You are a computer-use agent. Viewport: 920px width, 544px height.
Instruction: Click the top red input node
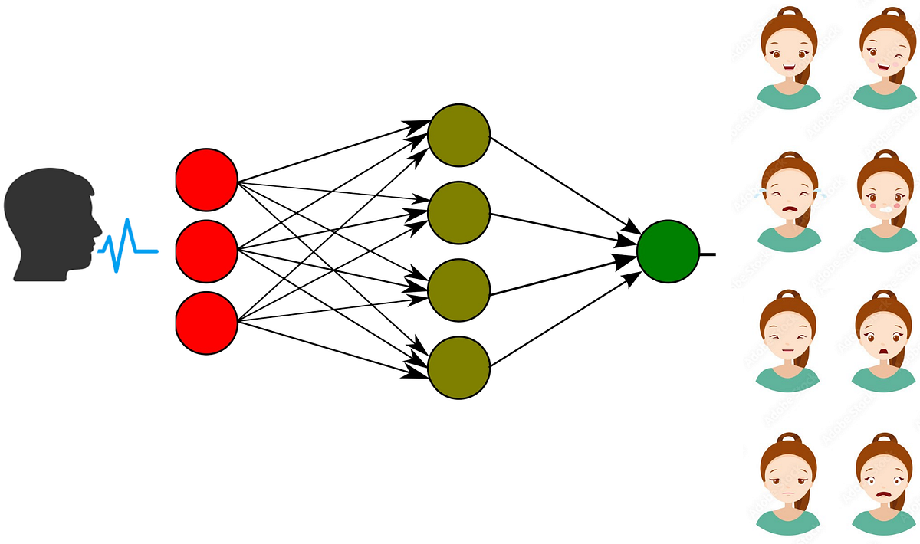coord(207,180)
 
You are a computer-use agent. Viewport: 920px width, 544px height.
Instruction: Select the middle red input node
coord(207,251)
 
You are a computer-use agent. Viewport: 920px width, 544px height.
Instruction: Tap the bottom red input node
coord(207,322)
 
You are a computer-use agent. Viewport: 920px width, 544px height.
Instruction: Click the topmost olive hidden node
coord(458,135)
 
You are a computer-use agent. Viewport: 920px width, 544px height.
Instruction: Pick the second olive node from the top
coord(458,212)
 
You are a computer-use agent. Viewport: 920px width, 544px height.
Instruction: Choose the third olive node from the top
coord(458,290)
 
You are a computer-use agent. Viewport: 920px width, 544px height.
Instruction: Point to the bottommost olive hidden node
coord(458,368)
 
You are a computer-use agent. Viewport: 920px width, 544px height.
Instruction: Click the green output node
coord(668,251)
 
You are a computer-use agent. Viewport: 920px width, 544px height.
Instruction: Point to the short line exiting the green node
coord(708,253)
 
